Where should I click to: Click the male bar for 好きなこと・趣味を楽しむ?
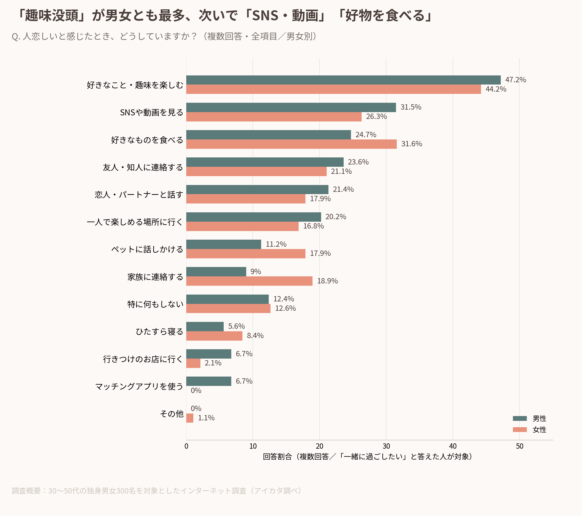pyautogui.click(x=343, y=80)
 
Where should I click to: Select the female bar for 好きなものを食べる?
pyautogui.click(x=292, y=144)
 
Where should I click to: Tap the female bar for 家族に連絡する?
pyautogui.click(x=250, y=281)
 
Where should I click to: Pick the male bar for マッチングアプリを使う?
pyautogui.click(x=209, y=381)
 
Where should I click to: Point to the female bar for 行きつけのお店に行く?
pyautogui.click(x=193, y=363)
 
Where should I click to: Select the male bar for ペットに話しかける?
pyautogui.click(x=224, y=244)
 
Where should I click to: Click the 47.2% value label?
pyautogui.click(x=516, y=80)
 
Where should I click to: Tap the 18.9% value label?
pyautogui.click(x=327, y=281)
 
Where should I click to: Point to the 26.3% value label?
pyautogui.click(x=377, y=116)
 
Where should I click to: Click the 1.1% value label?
pyautogui.click(x=206, y=418)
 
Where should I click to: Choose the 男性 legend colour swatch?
pyautogui.click(x=520, y=419)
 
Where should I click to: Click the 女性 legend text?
pyautogui.click(x=539, y=430)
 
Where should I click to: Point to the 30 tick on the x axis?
pyautogui.click(x=386, y=446)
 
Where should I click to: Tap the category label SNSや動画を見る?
pyautogui.click(x=152, y=112)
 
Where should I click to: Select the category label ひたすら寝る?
pyautogui.click(x=159, y=332)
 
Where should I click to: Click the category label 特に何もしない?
pyautogui.click(x=155, y=304)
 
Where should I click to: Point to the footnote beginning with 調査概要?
pyautogui.click(x=156, y=491)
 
